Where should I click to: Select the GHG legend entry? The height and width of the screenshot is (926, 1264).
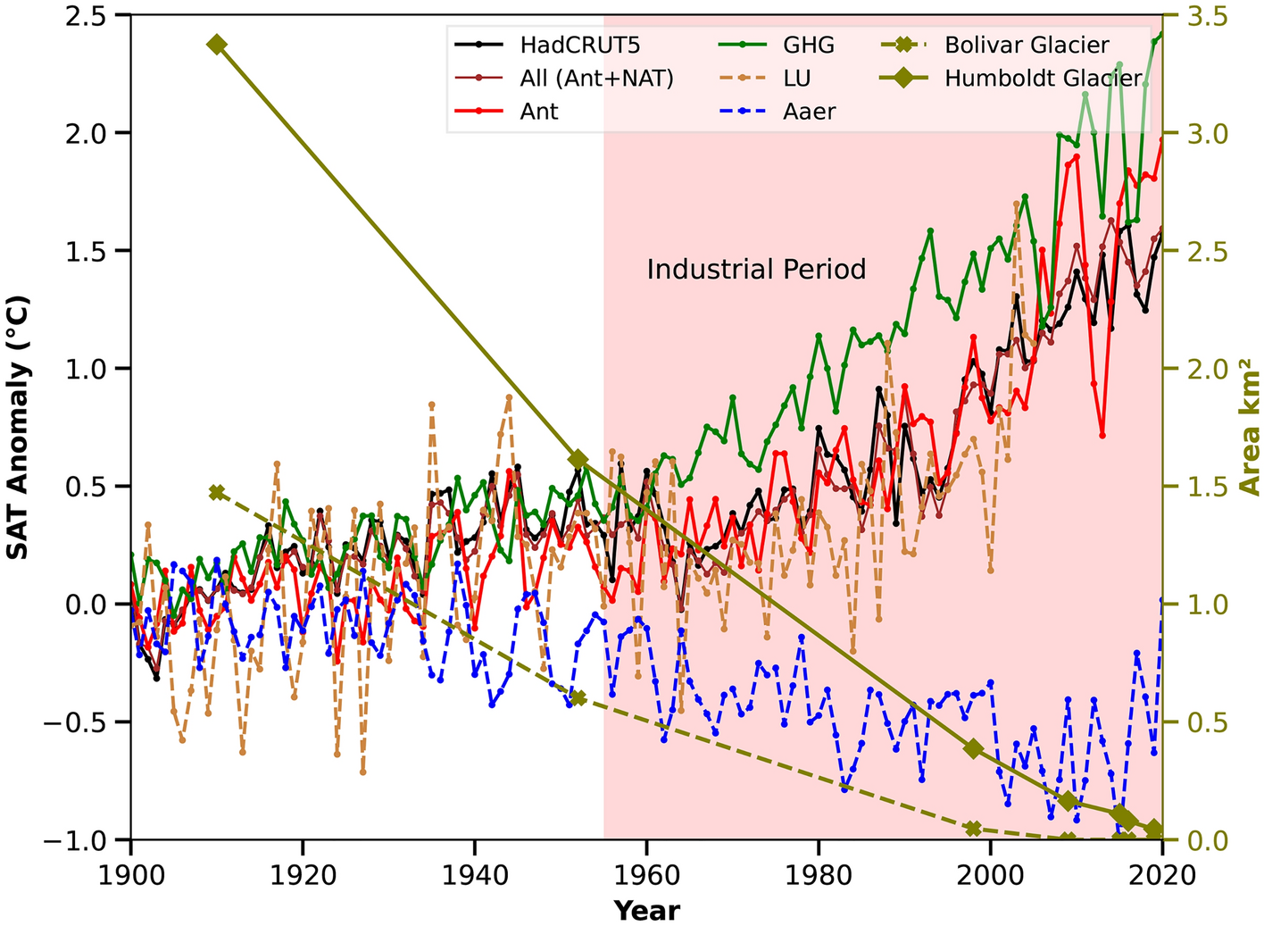click(809, 45)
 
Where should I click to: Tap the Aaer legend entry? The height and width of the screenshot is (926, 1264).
click(810, 112)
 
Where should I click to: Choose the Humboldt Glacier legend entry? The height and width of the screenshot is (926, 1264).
click(1043, 79)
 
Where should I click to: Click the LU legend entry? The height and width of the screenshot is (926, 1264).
click(796, 79)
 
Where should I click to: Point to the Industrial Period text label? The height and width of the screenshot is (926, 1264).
click(756, 269)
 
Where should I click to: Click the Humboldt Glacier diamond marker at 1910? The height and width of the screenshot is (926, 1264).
click(217, 45)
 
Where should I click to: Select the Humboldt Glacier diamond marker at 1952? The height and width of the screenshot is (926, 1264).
click(578, 459)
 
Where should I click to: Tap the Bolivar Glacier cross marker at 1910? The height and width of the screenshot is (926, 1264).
click(217, 492)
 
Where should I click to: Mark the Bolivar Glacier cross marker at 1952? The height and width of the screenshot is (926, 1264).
click(578, 697)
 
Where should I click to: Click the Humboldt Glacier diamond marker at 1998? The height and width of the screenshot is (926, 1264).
click(973, 748)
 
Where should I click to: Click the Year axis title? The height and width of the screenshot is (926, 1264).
click(646, 910)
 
